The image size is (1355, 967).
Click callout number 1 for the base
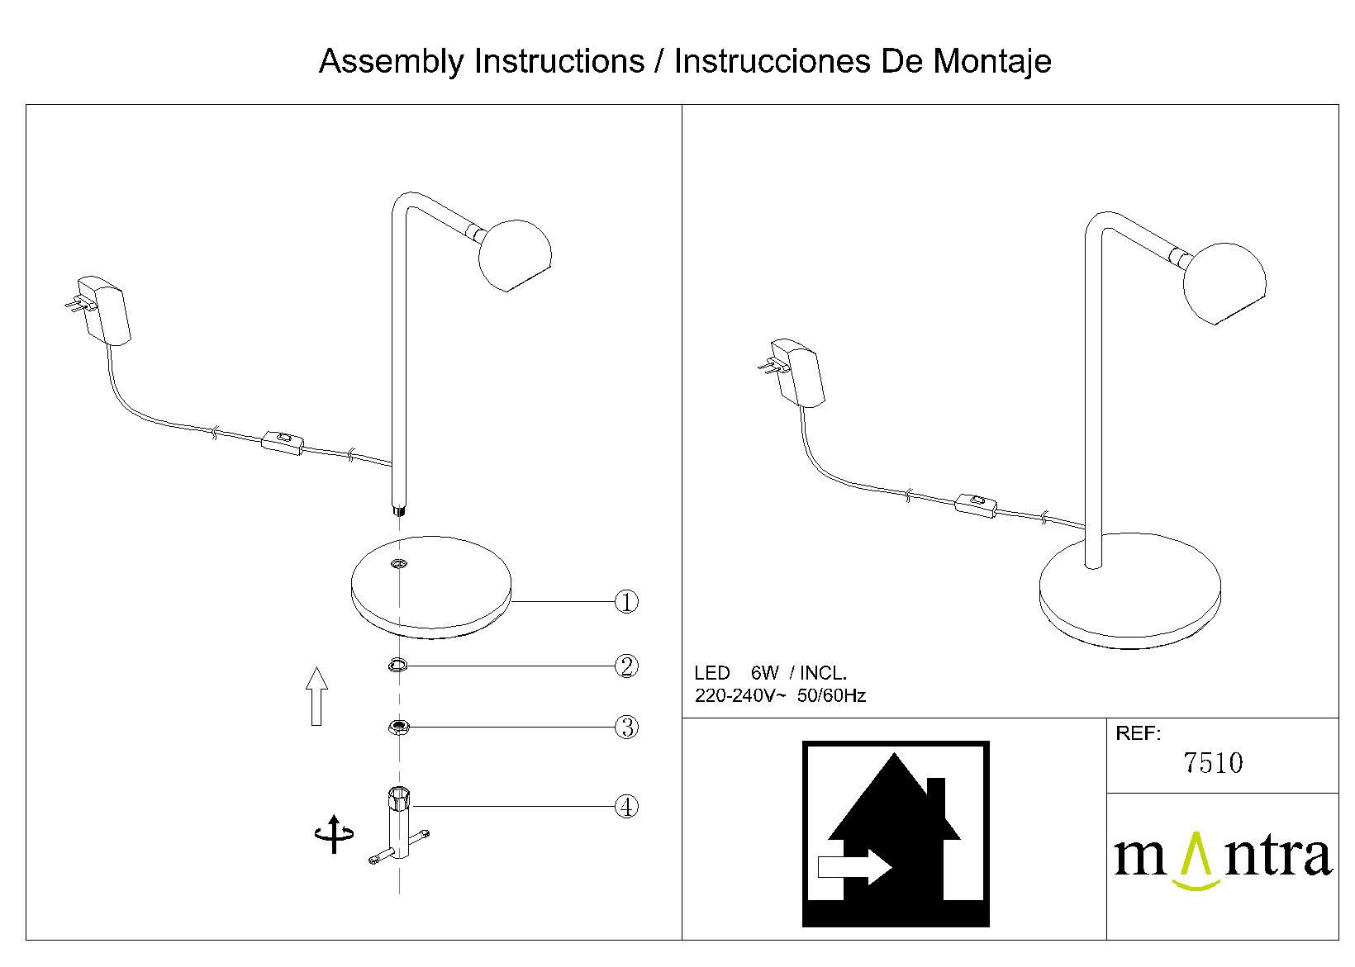pyautogui.click(x=627, y=602)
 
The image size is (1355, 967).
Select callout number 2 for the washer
pyautogui.click(x=627, y=666)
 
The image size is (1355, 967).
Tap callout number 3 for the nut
pyautogui.click(x=627, y=728)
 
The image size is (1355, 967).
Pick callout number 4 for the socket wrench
pyautogui.click(x=627, y=806)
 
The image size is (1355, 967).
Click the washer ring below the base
pyautogui.click(x=398, y=665)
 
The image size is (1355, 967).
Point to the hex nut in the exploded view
pyautogui.click(x=399, y=727)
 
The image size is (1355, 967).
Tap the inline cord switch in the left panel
pyautogui.click(x=283, y=440)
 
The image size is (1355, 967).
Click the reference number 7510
pyautogui.click(x=1213, y=763)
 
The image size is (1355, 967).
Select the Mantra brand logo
pyautogui.click(x=1222, y=859)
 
